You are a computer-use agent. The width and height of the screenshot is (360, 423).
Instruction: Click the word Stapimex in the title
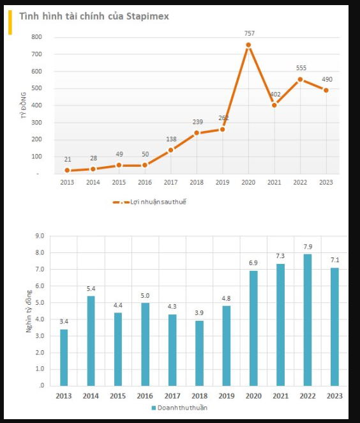(147, 16)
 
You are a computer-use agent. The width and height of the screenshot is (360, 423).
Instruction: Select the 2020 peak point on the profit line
(248, 45)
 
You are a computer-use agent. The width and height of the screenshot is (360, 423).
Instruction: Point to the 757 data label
(249, 33)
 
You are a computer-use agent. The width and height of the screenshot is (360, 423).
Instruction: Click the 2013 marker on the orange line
(67, 171)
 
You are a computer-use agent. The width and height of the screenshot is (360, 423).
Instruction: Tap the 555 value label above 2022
(301, 68)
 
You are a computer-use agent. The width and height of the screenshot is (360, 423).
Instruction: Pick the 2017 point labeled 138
(171, 150)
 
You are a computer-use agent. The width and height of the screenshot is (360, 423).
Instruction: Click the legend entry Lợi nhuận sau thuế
(149, 202)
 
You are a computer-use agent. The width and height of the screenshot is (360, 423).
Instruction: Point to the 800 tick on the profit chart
(36, 37)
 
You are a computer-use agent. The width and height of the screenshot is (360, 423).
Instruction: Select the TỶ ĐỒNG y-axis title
(24, 105)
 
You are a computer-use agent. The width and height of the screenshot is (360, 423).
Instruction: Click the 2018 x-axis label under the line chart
(197, 182)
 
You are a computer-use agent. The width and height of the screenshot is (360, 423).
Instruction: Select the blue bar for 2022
(308, 320)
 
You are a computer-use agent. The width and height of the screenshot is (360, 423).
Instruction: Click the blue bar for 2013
(64, 357)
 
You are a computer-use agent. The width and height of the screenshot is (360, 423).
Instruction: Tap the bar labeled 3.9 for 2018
(199, 353)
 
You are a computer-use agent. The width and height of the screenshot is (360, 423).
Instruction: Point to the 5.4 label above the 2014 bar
(91, 289)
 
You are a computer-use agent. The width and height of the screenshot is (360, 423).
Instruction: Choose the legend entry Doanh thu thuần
(179, 408)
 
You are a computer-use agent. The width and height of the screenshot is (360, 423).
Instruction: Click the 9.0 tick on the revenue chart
(40, 236)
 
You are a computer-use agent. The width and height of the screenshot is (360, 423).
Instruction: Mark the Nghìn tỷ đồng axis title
(29, 311)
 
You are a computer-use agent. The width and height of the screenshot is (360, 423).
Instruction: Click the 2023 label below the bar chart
(334, 396)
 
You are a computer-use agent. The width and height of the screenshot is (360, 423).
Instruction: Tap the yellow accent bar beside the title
(10, 22)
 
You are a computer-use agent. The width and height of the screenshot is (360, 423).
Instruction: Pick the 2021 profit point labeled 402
(274, 105)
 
